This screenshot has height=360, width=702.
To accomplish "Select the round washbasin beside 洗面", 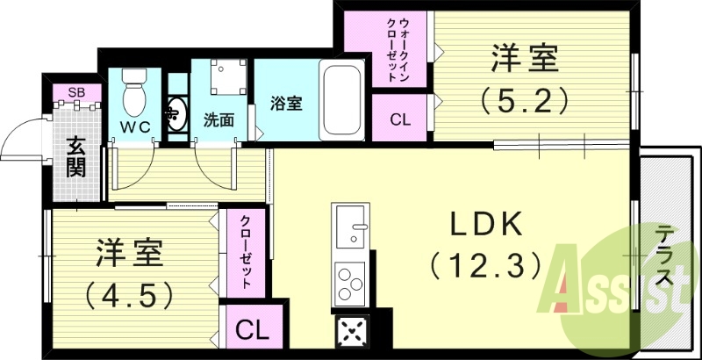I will click(177, 115).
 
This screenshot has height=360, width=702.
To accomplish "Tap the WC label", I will click(135, 126).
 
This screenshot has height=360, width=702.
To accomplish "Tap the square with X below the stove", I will click(352, 333).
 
